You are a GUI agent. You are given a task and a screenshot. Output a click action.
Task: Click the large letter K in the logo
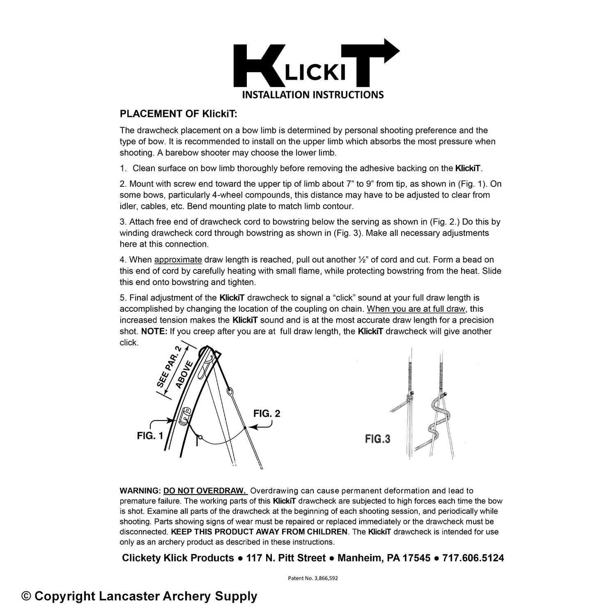[255, 66]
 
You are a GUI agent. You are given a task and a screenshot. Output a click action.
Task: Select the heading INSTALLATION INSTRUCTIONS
[313, 95]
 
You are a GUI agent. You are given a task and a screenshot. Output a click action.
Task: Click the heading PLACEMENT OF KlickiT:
[178, 114]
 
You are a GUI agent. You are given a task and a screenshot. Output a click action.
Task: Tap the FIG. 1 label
[150, 436]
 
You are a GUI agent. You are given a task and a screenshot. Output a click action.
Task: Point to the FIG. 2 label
[267, 414]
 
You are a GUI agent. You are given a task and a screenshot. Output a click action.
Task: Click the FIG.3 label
[377, 439]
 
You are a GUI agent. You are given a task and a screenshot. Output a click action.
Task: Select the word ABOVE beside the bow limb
[184, 375]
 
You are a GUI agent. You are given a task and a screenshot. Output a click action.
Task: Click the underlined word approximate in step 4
[178, 260]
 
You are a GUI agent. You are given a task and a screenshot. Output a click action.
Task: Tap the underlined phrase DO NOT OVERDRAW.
[205, 491]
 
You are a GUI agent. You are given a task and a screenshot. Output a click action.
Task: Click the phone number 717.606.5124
[473, 558]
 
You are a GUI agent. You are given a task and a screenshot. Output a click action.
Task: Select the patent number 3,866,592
[325, 578]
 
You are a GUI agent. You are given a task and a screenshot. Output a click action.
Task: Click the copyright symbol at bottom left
[26, 596]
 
